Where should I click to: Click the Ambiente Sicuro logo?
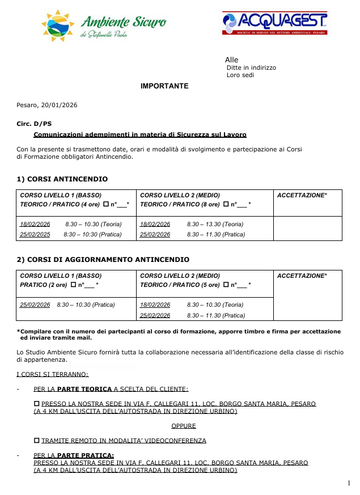(104, 24)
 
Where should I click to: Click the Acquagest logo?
(274, 24)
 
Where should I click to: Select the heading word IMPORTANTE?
(164, 86)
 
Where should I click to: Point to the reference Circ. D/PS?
(33, 123)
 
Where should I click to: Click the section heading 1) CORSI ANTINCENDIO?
(62, 179)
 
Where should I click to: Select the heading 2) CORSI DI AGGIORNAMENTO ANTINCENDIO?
(103, 260)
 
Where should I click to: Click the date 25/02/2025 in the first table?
(35, 234)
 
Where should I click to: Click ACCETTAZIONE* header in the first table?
(302, 195)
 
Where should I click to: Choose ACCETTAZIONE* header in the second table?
(302, 276)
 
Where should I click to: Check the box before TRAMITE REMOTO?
(37, 440)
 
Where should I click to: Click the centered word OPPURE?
(184, 425)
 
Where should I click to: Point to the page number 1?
(349, 483)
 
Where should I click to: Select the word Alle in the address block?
(231, 60)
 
